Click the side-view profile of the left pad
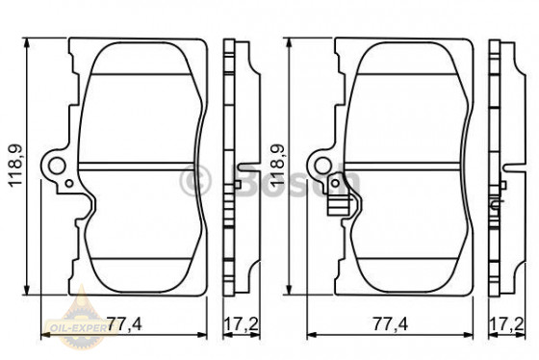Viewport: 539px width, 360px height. click(232, 168)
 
